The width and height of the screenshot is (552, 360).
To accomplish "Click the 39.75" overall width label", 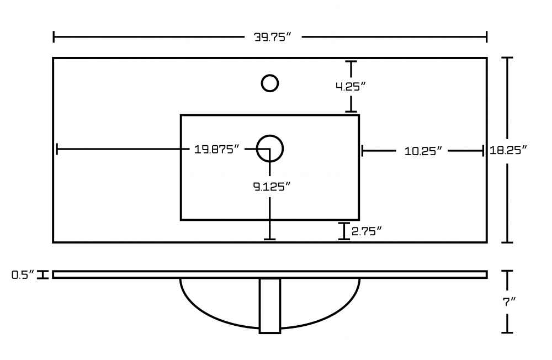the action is coord(273,37).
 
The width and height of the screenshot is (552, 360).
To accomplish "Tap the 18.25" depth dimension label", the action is coord(508,150).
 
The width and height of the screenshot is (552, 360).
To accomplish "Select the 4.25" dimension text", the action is coord(351,86).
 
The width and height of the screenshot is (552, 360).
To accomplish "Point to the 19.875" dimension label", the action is coord(216,149).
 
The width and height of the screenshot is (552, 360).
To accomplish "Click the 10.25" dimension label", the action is coord(423,151).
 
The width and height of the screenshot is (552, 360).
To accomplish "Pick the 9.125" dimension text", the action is coord(272,186).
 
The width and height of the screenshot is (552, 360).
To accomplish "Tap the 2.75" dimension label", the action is coord(367,231).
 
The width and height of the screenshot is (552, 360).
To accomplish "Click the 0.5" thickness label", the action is coord(23,274).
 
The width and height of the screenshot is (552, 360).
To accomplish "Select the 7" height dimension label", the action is coord(509,301).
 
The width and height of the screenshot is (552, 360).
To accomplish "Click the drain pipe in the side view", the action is coord(270,306).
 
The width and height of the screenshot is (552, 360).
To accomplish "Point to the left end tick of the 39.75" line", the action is coord(54,36).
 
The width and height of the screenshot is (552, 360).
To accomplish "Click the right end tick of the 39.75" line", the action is coord(486,36).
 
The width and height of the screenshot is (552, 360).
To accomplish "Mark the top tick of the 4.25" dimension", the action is coord(351,61).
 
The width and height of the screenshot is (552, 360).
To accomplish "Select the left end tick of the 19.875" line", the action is coord(57,149).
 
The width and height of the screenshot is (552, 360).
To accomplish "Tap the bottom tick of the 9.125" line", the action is coord(270,240).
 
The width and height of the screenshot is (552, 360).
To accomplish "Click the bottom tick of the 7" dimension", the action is coord(507,332).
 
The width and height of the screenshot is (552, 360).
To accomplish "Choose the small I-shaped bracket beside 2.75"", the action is coord(344,231).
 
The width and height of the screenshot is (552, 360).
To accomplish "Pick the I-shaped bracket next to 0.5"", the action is coord(43,275).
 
